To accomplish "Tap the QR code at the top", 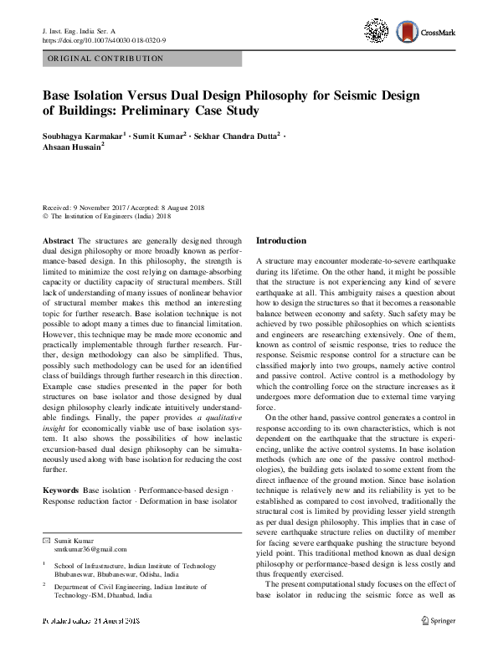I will tap(376, 31).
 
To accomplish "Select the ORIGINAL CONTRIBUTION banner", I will tap(105, 59).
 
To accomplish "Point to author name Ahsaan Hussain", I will tap(72, 147).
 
